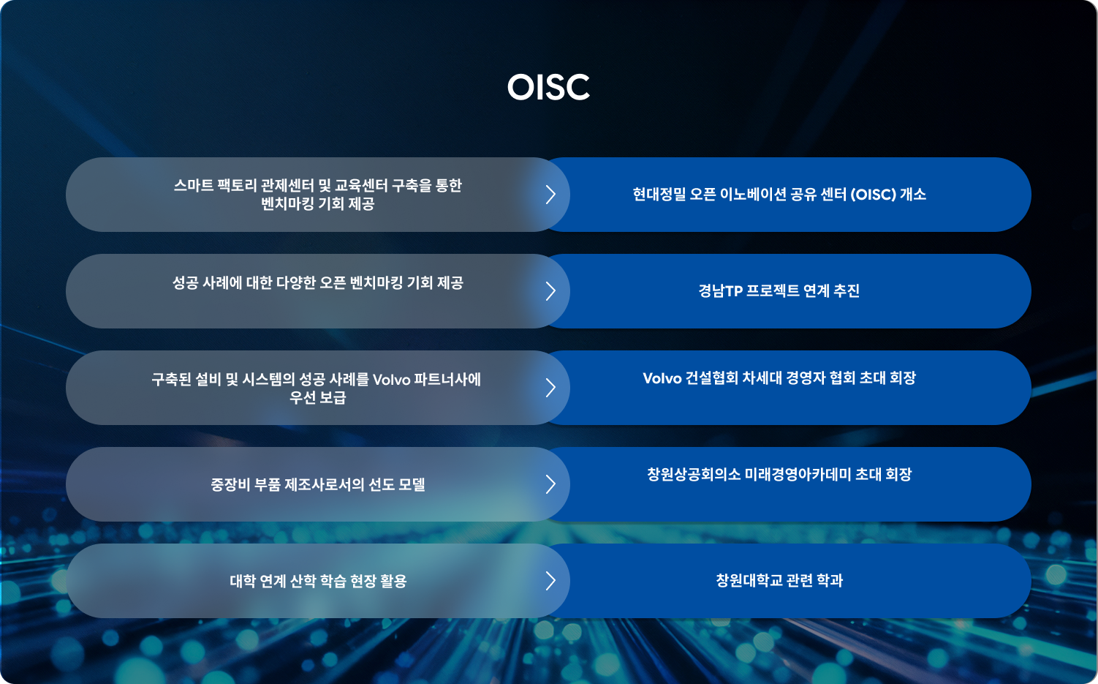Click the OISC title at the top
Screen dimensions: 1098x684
[548, 87]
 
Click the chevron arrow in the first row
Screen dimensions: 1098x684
[550, 195]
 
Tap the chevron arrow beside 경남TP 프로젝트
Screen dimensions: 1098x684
[550, 291]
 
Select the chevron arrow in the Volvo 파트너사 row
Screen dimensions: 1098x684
[550, 388]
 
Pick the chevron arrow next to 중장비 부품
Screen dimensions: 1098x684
[550, 484]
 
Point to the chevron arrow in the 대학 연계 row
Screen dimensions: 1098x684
[550, 581]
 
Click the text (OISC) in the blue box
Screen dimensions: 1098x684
[873, 195]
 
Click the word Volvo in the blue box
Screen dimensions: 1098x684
[662, 378]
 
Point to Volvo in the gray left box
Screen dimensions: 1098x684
[391, 380]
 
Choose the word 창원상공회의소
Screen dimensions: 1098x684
[694, 475]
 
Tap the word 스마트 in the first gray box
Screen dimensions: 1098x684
[194, 186]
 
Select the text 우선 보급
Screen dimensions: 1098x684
[318, 397]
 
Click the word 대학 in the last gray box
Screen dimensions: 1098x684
[243, 582]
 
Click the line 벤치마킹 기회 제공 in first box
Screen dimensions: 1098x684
[318, 203]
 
